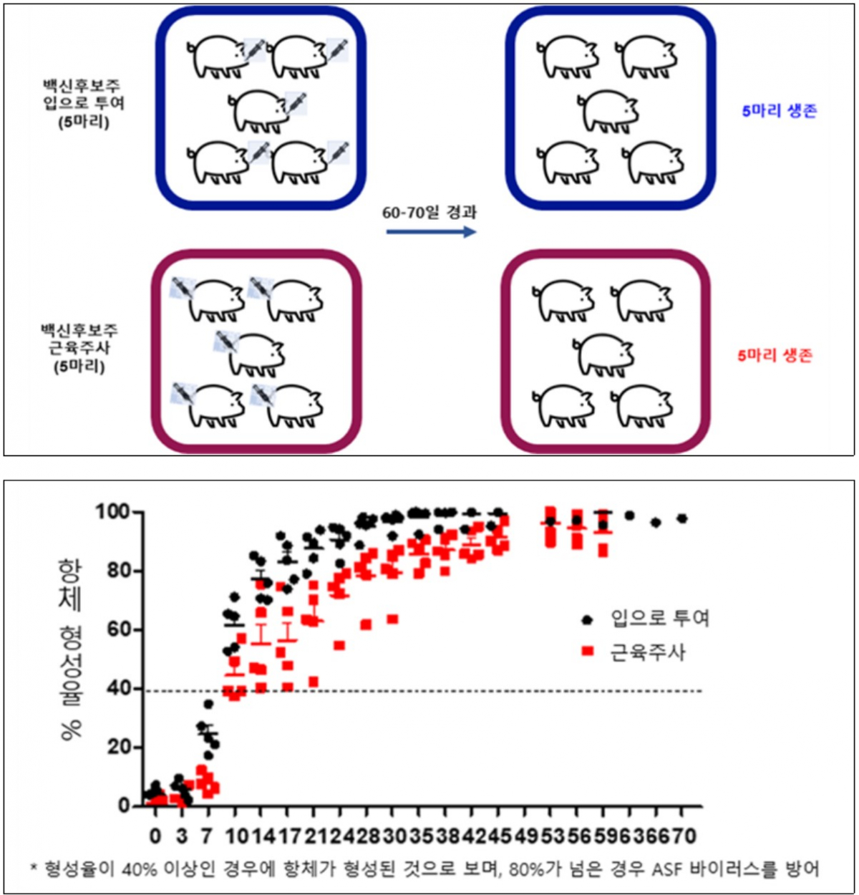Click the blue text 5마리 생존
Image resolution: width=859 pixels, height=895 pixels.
[x=779, y=111]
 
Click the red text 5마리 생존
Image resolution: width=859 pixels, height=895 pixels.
[x=775, y=355]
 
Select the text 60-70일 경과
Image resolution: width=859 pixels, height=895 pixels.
[x=429, y=213]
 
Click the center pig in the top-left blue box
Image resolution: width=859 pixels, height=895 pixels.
[x=258, y=112]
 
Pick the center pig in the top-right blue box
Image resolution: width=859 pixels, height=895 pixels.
[x=608, y=112]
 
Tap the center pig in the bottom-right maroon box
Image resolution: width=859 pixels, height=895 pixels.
[x=604, y=355]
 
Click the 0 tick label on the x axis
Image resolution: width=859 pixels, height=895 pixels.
[x=155, y=836]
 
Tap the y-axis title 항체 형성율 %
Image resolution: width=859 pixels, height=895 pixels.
[x=70, y=648]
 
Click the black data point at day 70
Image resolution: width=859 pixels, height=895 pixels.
[x=681, y=518]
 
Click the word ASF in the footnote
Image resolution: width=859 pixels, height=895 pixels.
[x=668, y=870]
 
